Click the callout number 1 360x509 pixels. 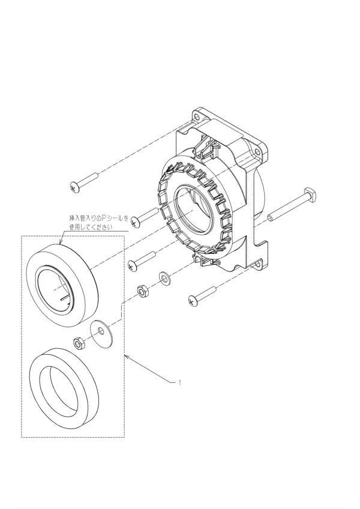coord(180,382)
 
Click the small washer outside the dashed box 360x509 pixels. coord(164,277)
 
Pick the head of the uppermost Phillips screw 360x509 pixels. coord(74,187)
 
